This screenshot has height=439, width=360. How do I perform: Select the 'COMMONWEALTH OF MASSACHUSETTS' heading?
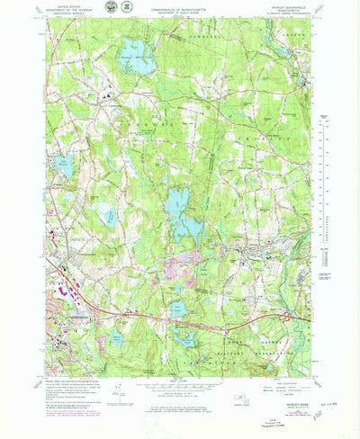point(179,10)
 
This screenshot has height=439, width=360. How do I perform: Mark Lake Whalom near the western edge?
point(65,165)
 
